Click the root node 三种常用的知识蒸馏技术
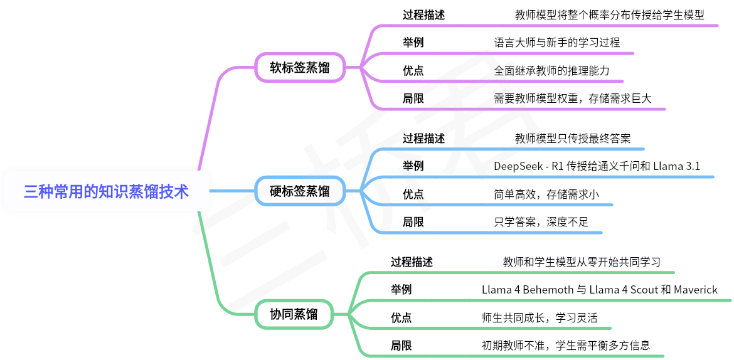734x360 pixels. point(106,191)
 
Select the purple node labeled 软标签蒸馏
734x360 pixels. point(300,67)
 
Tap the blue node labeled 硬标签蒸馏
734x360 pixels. point(300,191)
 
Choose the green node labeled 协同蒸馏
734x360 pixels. point(294,314)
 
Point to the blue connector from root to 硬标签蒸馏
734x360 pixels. point(232,191)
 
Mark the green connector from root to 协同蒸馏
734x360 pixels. point(210,263)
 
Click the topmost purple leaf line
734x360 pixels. point(546,26)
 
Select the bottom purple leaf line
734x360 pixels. point(521,109)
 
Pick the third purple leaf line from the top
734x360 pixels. point(502,81)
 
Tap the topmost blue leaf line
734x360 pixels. point(508,149)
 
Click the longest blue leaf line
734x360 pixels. point(546,177)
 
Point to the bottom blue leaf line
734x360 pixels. point(489,233)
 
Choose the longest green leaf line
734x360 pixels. point(546,300)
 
